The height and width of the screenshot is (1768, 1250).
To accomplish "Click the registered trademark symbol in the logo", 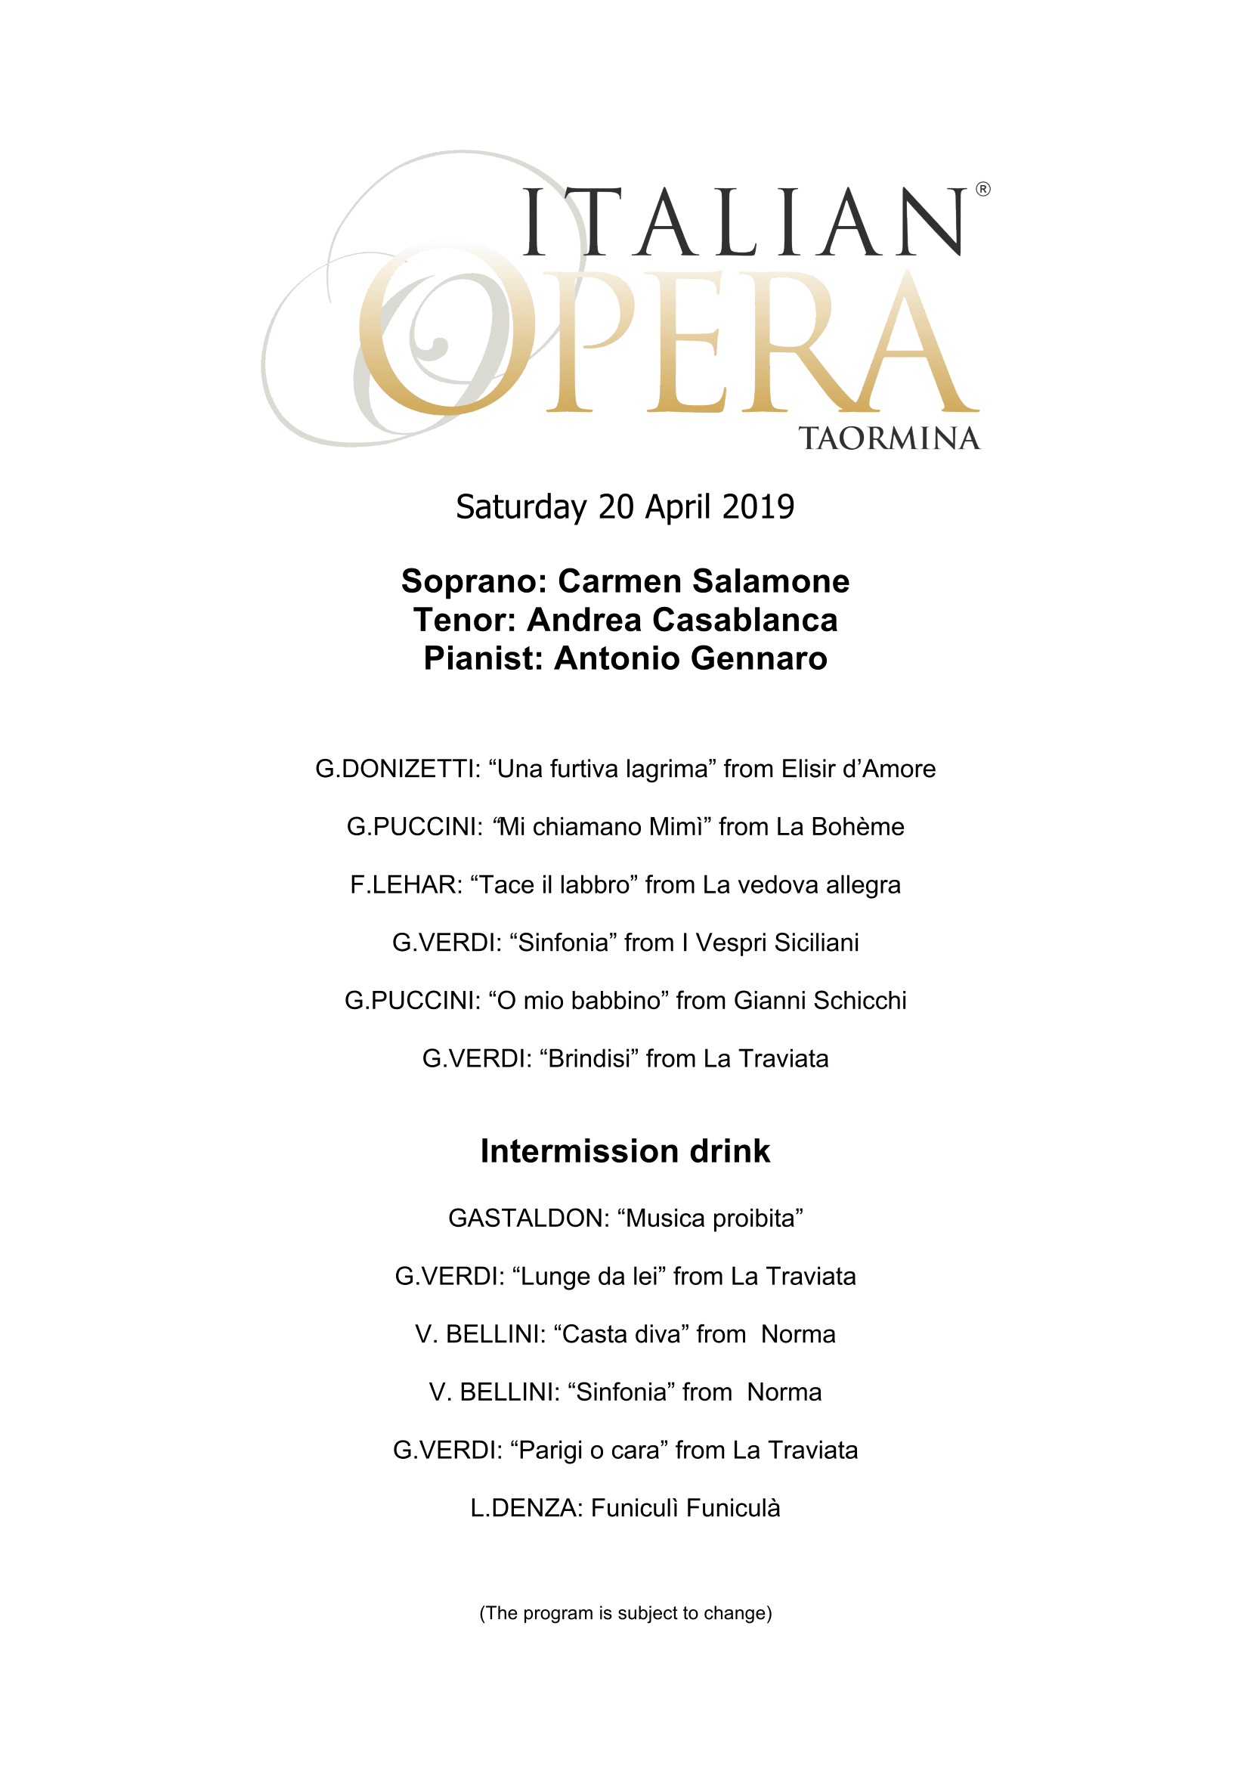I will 983,189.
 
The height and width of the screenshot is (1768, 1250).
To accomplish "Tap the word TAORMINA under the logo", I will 889,438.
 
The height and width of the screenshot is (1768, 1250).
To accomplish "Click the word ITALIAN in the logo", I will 744,222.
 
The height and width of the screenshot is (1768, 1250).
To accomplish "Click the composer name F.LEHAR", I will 406,885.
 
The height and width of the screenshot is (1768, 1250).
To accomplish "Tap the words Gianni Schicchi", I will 820,1000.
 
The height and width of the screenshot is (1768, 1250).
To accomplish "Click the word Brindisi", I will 589,1059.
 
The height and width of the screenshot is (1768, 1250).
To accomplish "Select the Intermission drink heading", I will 625,1151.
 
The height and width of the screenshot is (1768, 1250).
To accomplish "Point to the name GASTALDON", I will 529,1218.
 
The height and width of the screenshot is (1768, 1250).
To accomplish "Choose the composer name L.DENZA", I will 527,1509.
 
